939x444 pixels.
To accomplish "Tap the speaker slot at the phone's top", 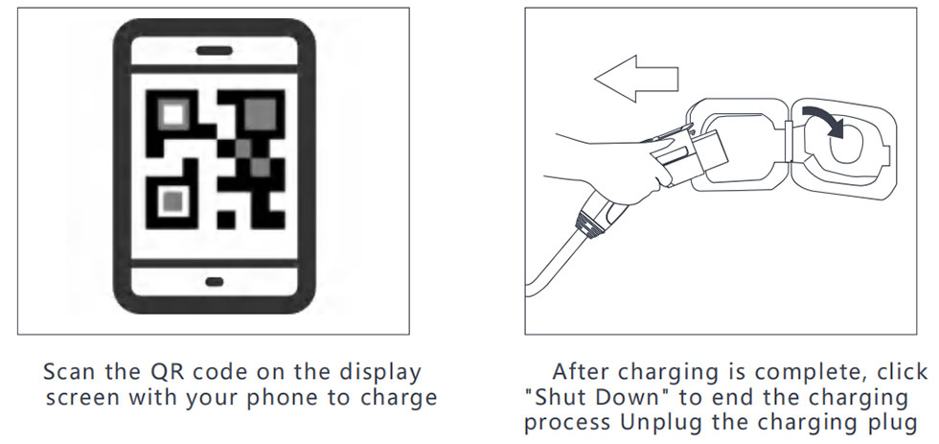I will (213, 51).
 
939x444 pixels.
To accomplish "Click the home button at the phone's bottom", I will (213, 282).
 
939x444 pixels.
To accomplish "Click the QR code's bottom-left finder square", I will (172, 200).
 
